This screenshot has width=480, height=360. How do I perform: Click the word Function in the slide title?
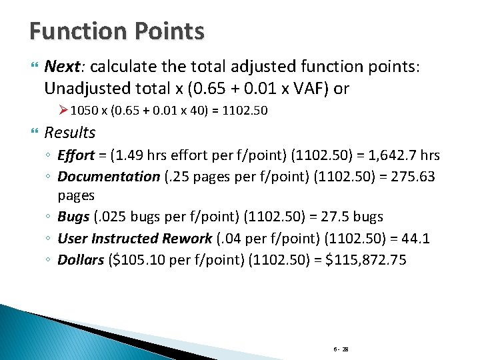pos(77,31)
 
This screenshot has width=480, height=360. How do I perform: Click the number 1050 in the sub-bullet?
pos(83,111)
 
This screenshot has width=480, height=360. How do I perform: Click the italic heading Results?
pos(70,133)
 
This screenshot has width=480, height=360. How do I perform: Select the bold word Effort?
pos(75,155)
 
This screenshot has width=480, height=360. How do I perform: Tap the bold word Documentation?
pos(109,176)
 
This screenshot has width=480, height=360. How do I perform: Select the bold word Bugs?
pos(73,217)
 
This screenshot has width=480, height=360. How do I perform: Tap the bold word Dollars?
pos(81,259)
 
